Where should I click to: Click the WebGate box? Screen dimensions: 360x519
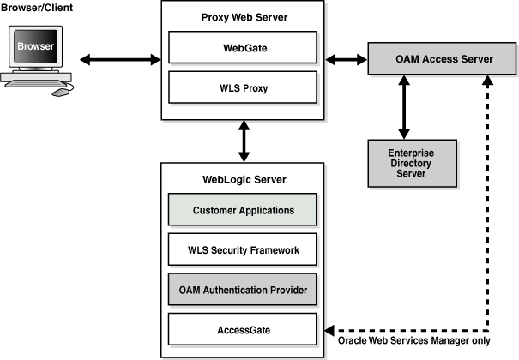(x=243, y=47)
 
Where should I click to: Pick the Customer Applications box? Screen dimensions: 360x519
(x=243, y=210)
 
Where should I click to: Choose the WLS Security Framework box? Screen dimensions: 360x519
(x=243, y=249)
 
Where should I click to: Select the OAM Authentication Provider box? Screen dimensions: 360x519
(x=243, y=289)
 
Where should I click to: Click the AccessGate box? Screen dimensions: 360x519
(x=243, y=328)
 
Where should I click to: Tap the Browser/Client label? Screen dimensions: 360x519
(x=38, y=8)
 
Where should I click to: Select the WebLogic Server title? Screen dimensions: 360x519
(x=244, y=179)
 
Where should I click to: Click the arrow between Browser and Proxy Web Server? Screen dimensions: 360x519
(x=119, y=59)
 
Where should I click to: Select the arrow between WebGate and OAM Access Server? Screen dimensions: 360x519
(x=347, y=59)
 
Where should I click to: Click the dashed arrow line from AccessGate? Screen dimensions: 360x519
(x=489, y=214)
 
